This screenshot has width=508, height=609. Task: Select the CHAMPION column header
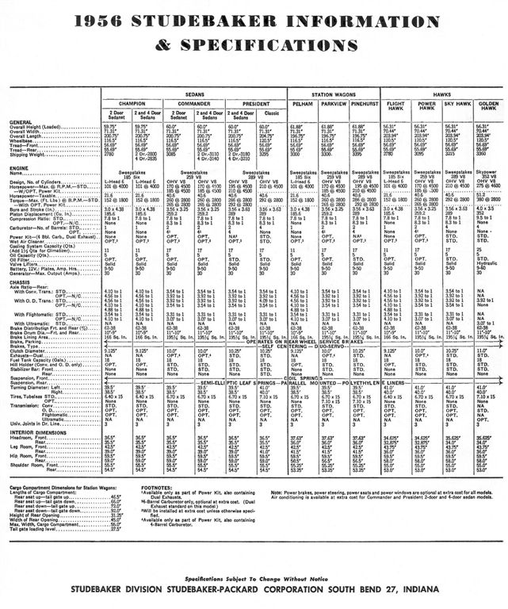point(132,103)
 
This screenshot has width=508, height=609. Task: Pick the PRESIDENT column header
point(254,103)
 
